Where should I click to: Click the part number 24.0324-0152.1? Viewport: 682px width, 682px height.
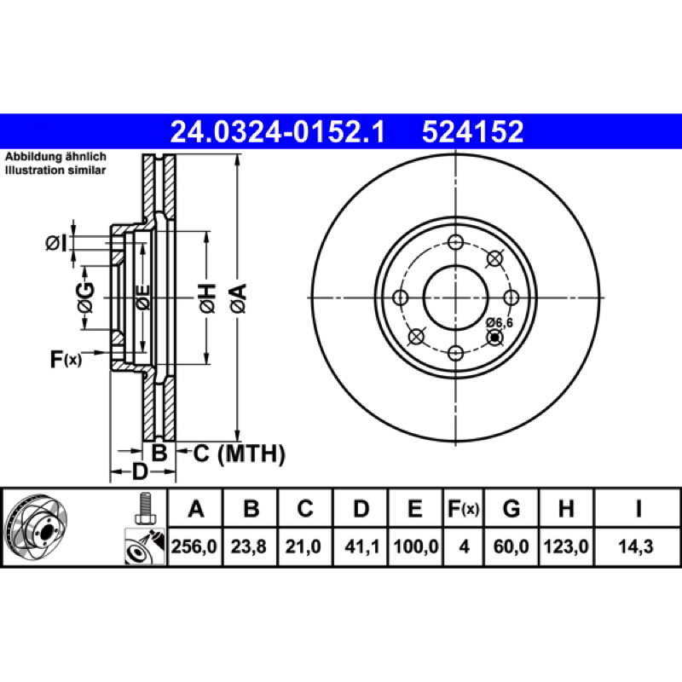(278, 132)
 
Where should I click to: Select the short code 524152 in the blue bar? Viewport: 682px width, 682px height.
(472, 132)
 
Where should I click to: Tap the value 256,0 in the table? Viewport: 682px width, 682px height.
(194, 546)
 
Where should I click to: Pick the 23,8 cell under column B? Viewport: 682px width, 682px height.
(248, 546)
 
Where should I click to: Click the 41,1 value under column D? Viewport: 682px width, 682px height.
(361, 546)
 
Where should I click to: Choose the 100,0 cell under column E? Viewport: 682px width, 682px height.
(416, 546)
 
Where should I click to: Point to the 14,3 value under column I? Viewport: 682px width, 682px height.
(636, 546)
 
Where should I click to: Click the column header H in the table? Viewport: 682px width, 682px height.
(566, 508)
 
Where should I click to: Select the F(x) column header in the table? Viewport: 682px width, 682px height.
(463, 508)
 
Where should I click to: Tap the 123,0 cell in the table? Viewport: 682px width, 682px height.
(566, 546)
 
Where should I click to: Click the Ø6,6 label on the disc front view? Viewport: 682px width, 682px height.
(500, 323)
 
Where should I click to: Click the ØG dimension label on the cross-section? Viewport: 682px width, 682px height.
(86, 298)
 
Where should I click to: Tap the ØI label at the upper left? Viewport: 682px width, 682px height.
(56, 243)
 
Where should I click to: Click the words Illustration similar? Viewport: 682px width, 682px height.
(55, 170)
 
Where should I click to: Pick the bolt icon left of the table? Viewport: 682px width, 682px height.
(144, 508)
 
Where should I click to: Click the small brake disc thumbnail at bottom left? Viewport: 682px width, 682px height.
(36, 528)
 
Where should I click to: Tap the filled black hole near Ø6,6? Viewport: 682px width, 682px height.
(494, 337)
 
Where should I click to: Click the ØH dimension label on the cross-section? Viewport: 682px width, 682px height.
(207, 298)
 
